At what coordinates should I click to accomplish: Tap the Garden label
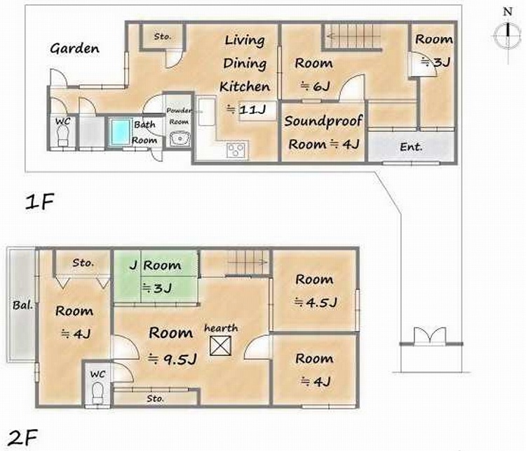point(74,48)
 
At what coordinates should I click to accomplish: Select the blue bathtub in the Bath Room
point(120,132)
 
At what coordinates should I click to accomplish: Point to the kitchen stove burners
point(237,150)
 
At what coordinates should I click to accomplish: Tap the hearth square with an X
point(220,346)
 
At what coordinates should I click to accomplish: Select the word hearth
point(221,328)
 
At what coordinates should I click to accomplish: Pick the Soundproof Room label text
point(323,132)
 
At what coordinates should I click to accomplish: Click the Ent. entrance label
point(411,147)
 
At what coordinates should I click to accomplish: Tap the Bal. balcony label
point(23,305)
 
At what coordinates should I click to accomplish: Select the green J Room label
point(156,265)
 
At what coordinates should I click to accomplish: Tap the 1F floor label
point(39,202)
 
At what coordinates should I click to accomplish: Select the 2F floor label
point(23,437)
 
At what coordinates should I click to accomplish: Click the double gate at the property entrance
point(430,336)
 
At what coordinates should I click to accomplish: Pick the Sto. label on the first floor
point(163,37)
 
